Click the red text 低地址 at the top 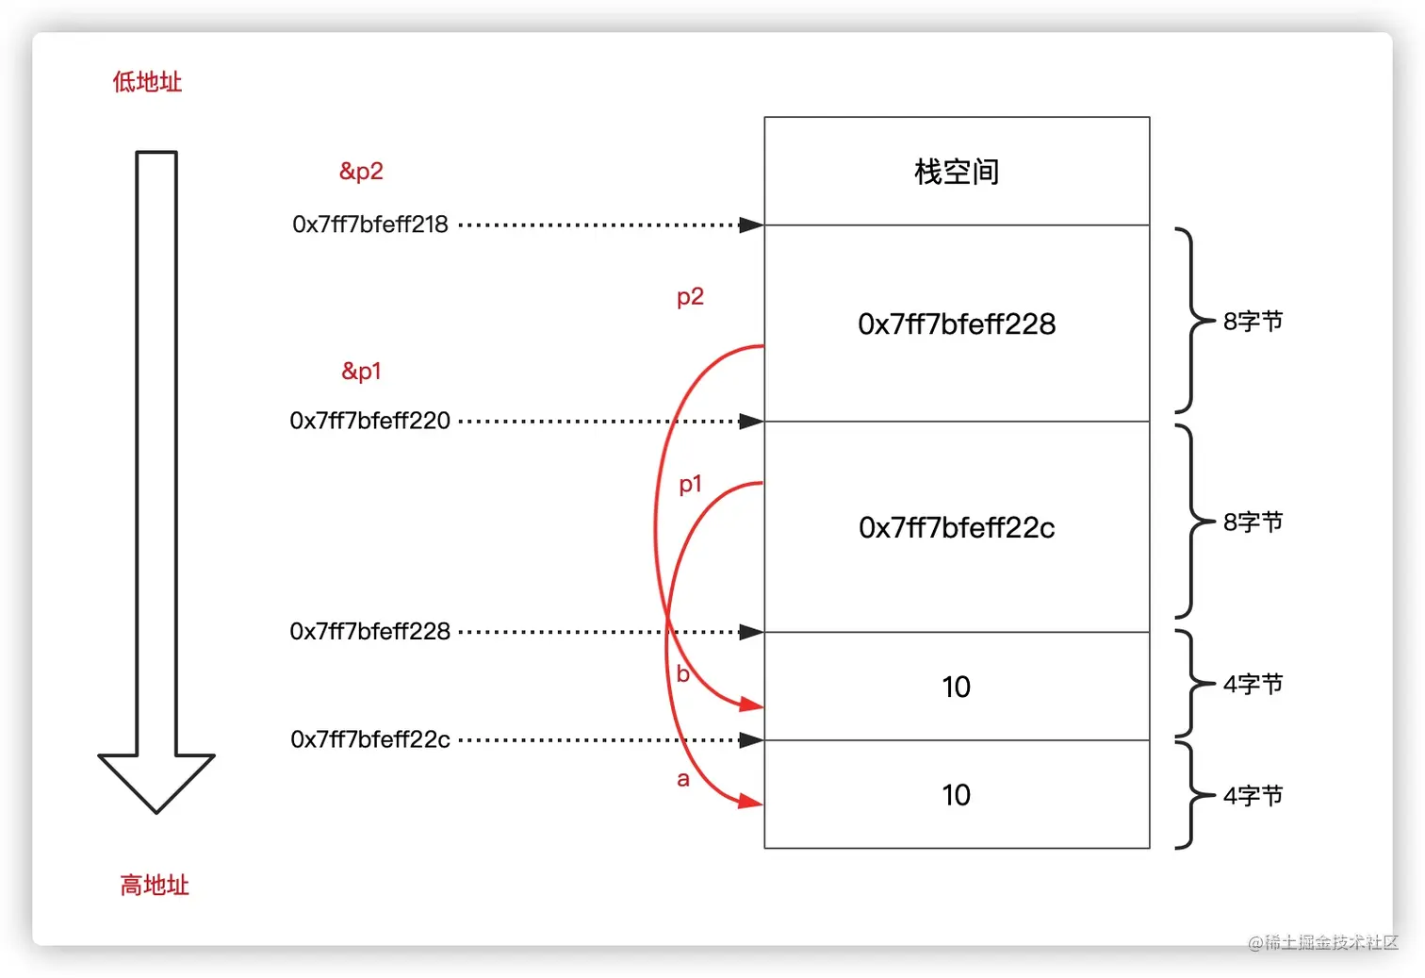tap(147, 82)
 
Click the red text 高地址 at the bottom tap(155, 886)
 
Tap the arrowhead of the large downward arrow tap(156, 782)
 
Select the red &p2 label tap(361, 172)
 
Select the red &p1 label tap(361, 372)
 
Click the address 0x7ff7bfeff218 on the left tap(370, 224)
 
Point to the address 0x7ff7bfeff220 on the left tap(370, 421)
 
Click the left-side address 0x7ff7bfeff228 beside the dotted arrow tap(370, 632)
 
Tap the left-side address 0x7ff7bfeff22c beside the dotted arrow tap(370, 739)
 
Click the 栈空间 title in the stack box tap(957, 172)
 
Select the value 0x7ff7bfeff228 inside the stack tap(957, 324)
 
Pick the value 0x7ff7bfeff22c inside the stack tap(957, 528)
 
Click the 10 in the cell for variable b tap(957, 687)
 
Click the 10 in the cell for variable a tap(957, 795)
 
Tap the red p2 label tap(690, 297)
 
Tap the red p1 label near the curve tap(690, 485)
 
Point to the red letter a tap(683, 779)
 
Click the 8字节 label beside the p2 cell tap(1253, 322)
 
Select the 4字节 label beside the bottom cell tap(1253, 796)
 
